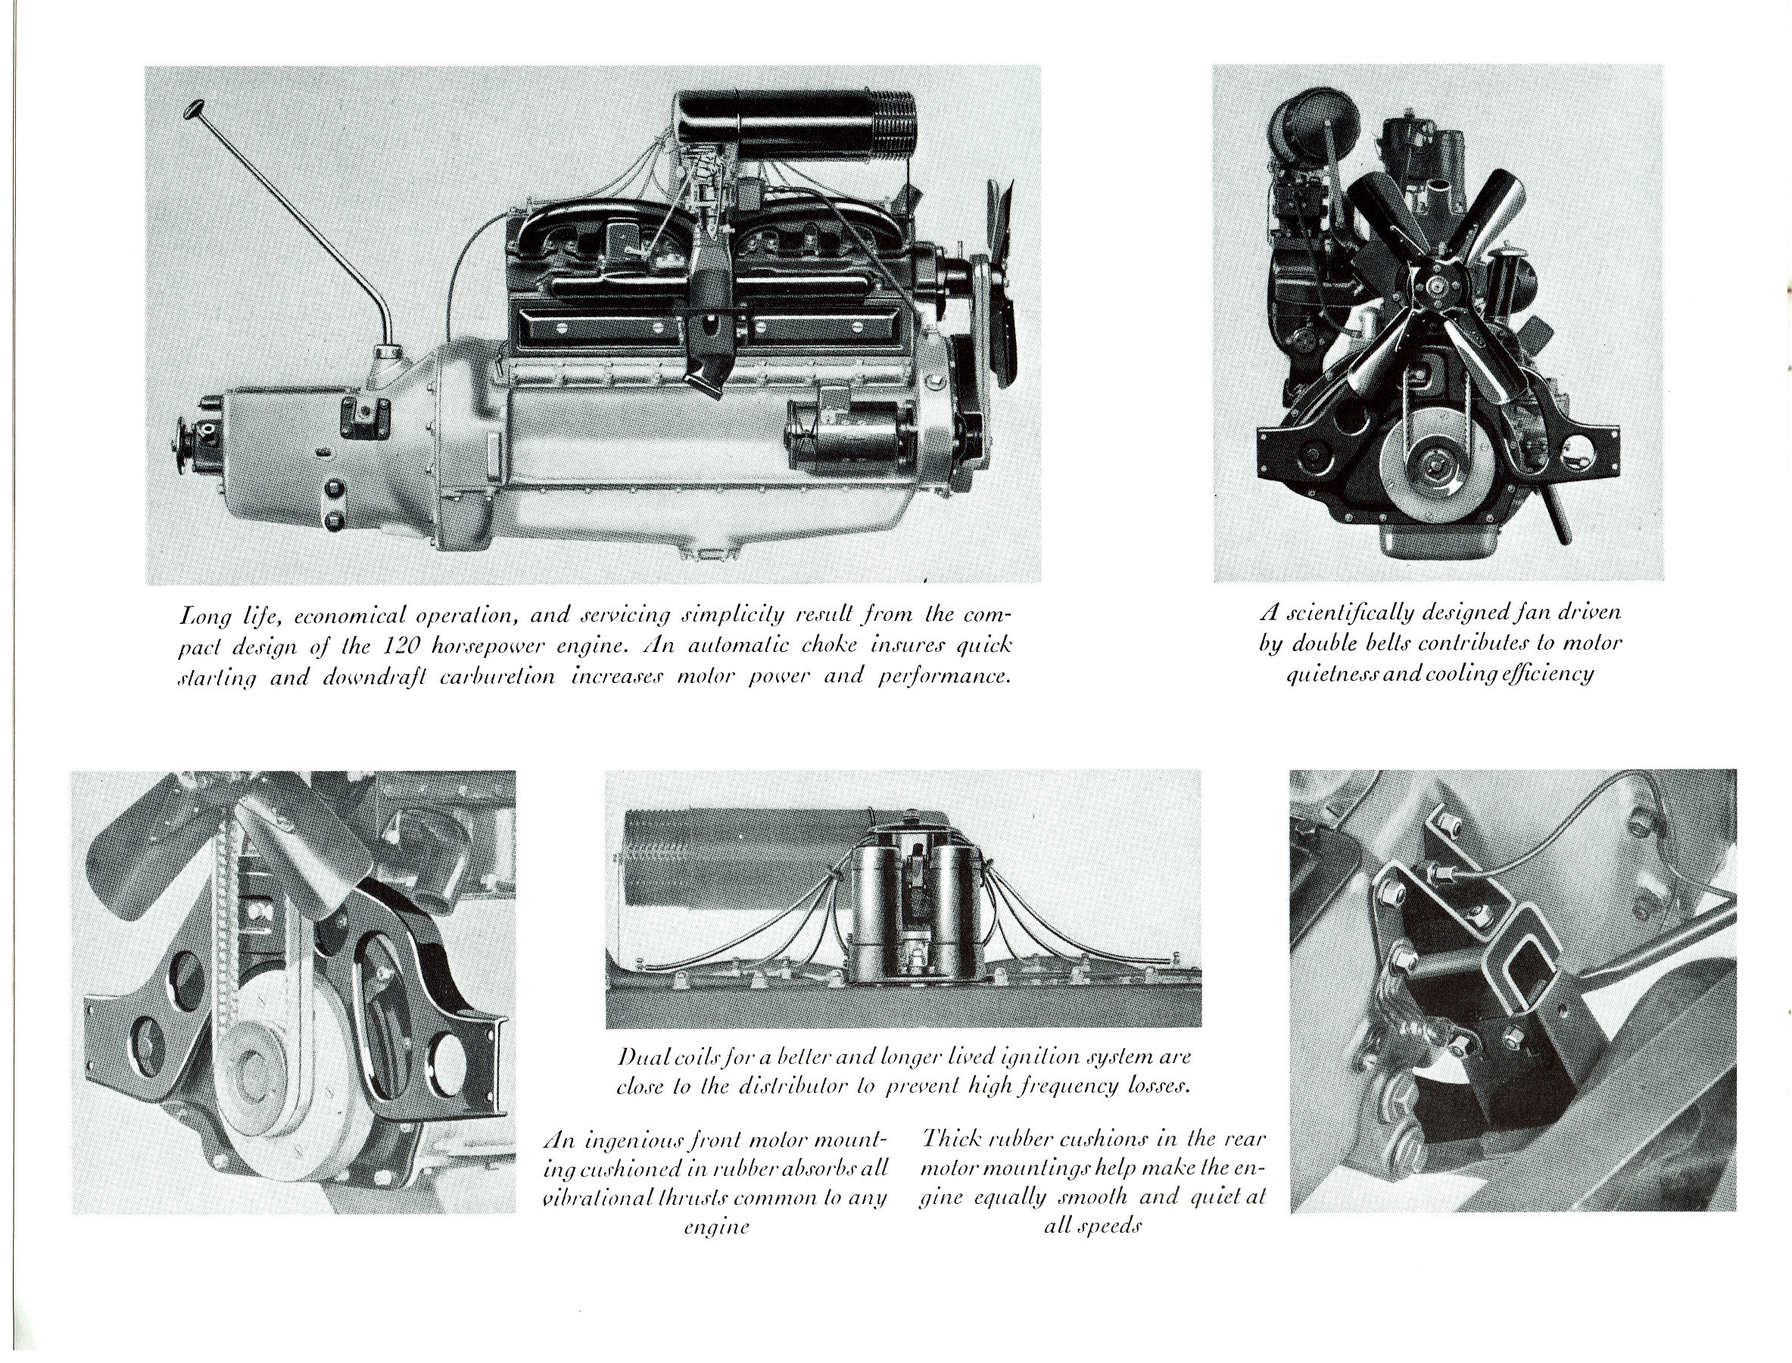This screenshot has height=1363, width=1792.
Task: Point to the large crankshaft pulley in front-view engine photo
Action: tap(1428, 469)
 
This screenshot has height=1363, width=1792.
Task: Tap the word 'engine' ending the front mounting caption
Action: tap(715, 1227)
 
